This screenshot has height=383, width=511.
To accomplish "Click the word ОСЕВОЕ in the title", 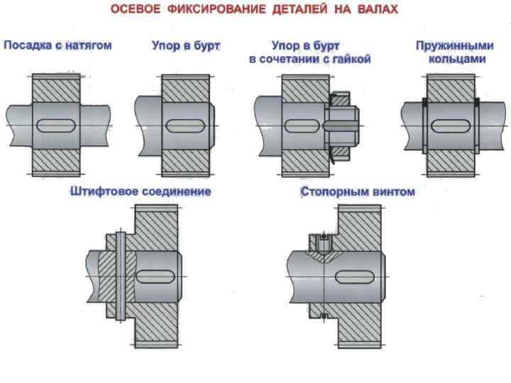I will click(136, 11).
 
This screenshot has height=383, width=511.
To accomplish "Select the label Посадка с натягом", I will click(57, 45).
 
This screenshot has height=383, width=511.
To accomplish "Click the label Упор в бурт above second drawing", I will click(186, 45).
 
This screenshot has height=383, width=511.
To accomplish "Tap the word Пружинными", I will click(454, 45).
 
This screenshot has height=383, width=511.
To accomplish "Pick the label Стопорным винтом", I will click(357, 192).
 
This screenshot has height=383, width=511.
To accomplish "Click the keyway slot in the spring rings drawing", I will click(451, 126).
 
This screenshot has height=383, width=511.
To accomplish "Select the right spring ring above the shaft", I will click(476, 102).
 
